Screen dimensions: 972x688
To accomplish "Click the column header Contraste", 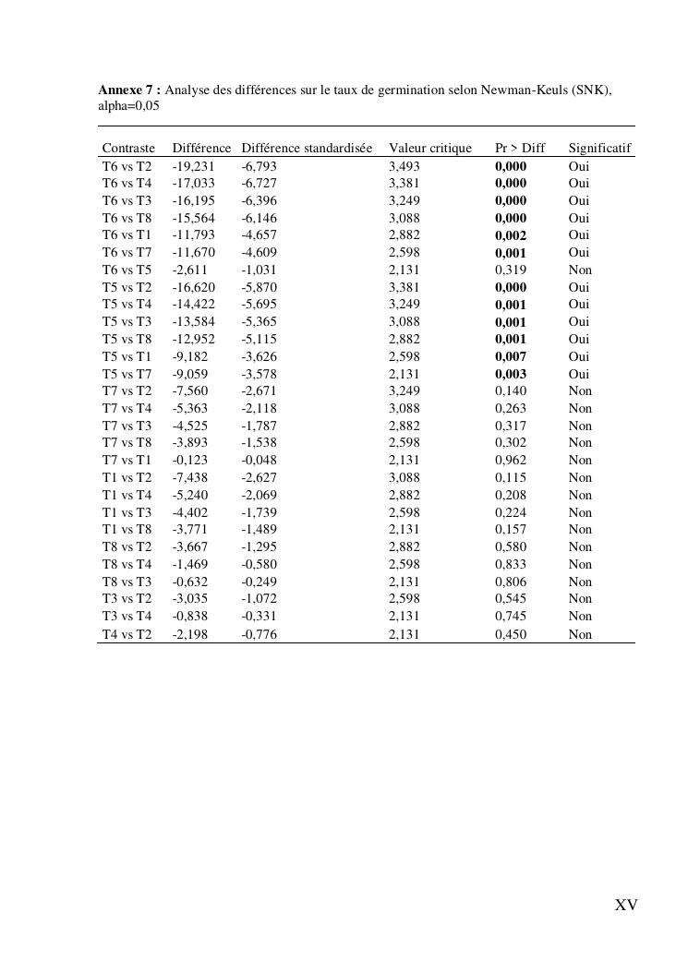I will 128,149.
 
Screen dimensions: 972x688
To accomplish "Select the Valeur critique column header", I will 429,149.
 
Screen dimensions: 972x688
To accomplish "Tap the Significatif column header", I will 599,149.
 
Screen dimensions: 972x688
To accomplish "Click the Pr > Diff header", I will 520,149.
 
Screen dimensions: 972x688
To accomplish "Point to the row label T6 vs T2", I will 127,166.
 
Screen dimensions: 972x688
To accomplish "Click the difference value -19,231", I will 193,166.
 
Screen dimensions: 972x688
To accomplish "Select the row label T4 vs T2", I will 127,634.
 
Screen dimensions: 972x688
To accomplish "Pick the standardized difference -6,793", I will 259,166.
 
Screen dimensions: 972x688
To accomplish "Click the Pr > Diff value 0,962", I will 511,461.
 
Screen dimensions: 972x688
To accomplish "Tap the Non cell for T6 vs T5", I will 580,270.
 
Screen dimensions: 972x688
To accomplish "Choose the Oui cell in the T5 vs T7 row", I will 579,374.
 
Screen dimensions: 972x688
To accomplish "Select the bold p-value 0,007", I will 511,356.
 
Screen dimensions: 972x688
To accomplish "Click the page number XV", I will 626,906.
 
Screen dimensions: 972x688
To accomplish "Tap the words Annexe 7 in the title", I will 129,90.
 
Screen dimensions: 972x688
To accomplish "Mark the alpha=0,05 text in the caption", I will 128,106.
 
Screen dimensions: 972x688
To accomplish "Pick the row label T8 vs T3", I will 127,582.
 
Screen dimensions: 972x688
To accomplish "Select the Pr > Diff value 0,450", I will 511,634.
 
